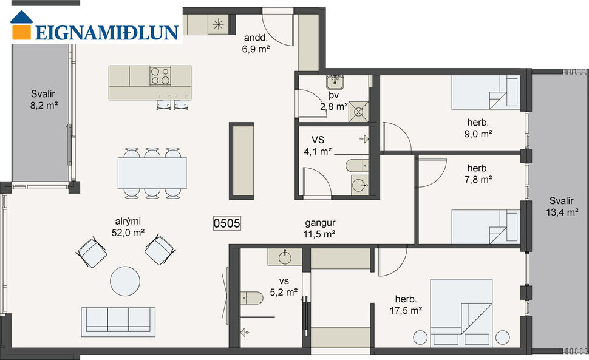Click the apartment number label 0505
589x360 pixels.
227,223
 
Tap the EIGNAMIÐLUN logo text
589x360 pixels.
106,32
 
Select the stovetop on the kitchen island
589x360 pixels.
160,76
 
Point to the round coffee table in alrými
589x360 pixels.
124,281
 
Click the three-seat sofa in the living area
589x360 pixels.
118,320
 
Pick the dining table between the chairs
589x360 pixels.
152,173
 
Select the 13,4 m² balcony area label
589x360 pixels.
560,206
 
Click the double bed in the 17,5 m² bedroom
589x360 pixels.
463,310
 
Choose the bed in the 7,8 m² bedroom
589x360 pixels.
485,226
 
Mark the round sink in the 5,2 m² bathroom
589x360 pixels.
285,257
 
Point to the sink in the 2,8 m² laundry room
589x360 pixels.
335,81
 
